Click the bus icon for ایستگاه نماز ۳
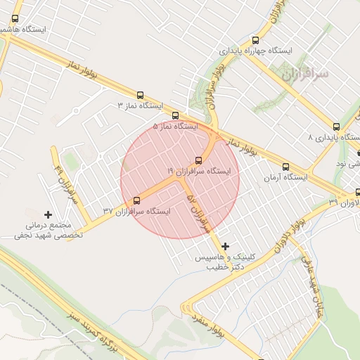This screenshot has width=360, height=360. tap(140, 95)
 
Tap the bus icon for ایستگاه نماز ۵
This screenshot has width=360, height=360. tap(175, 116)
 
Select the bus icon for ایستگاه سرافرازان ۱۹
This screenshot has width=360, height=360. tap(198, 160)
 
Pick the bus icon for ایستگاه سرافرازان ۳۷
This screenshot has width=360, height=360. tap(136, 201)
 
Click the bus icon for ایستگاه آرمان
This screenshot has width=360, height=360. tap(285, 167)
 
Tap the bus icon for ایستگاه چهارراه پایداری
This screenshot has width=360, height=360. tap(255, 40)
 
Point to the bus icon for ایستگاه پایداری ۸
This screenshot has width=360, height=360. tap(336, 127)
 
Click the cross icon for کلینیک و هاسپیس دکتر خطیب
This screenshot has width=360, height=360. tap(225, 246)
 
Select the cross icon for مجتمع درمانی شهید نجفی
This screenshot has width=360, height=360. tap(48, 214)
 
